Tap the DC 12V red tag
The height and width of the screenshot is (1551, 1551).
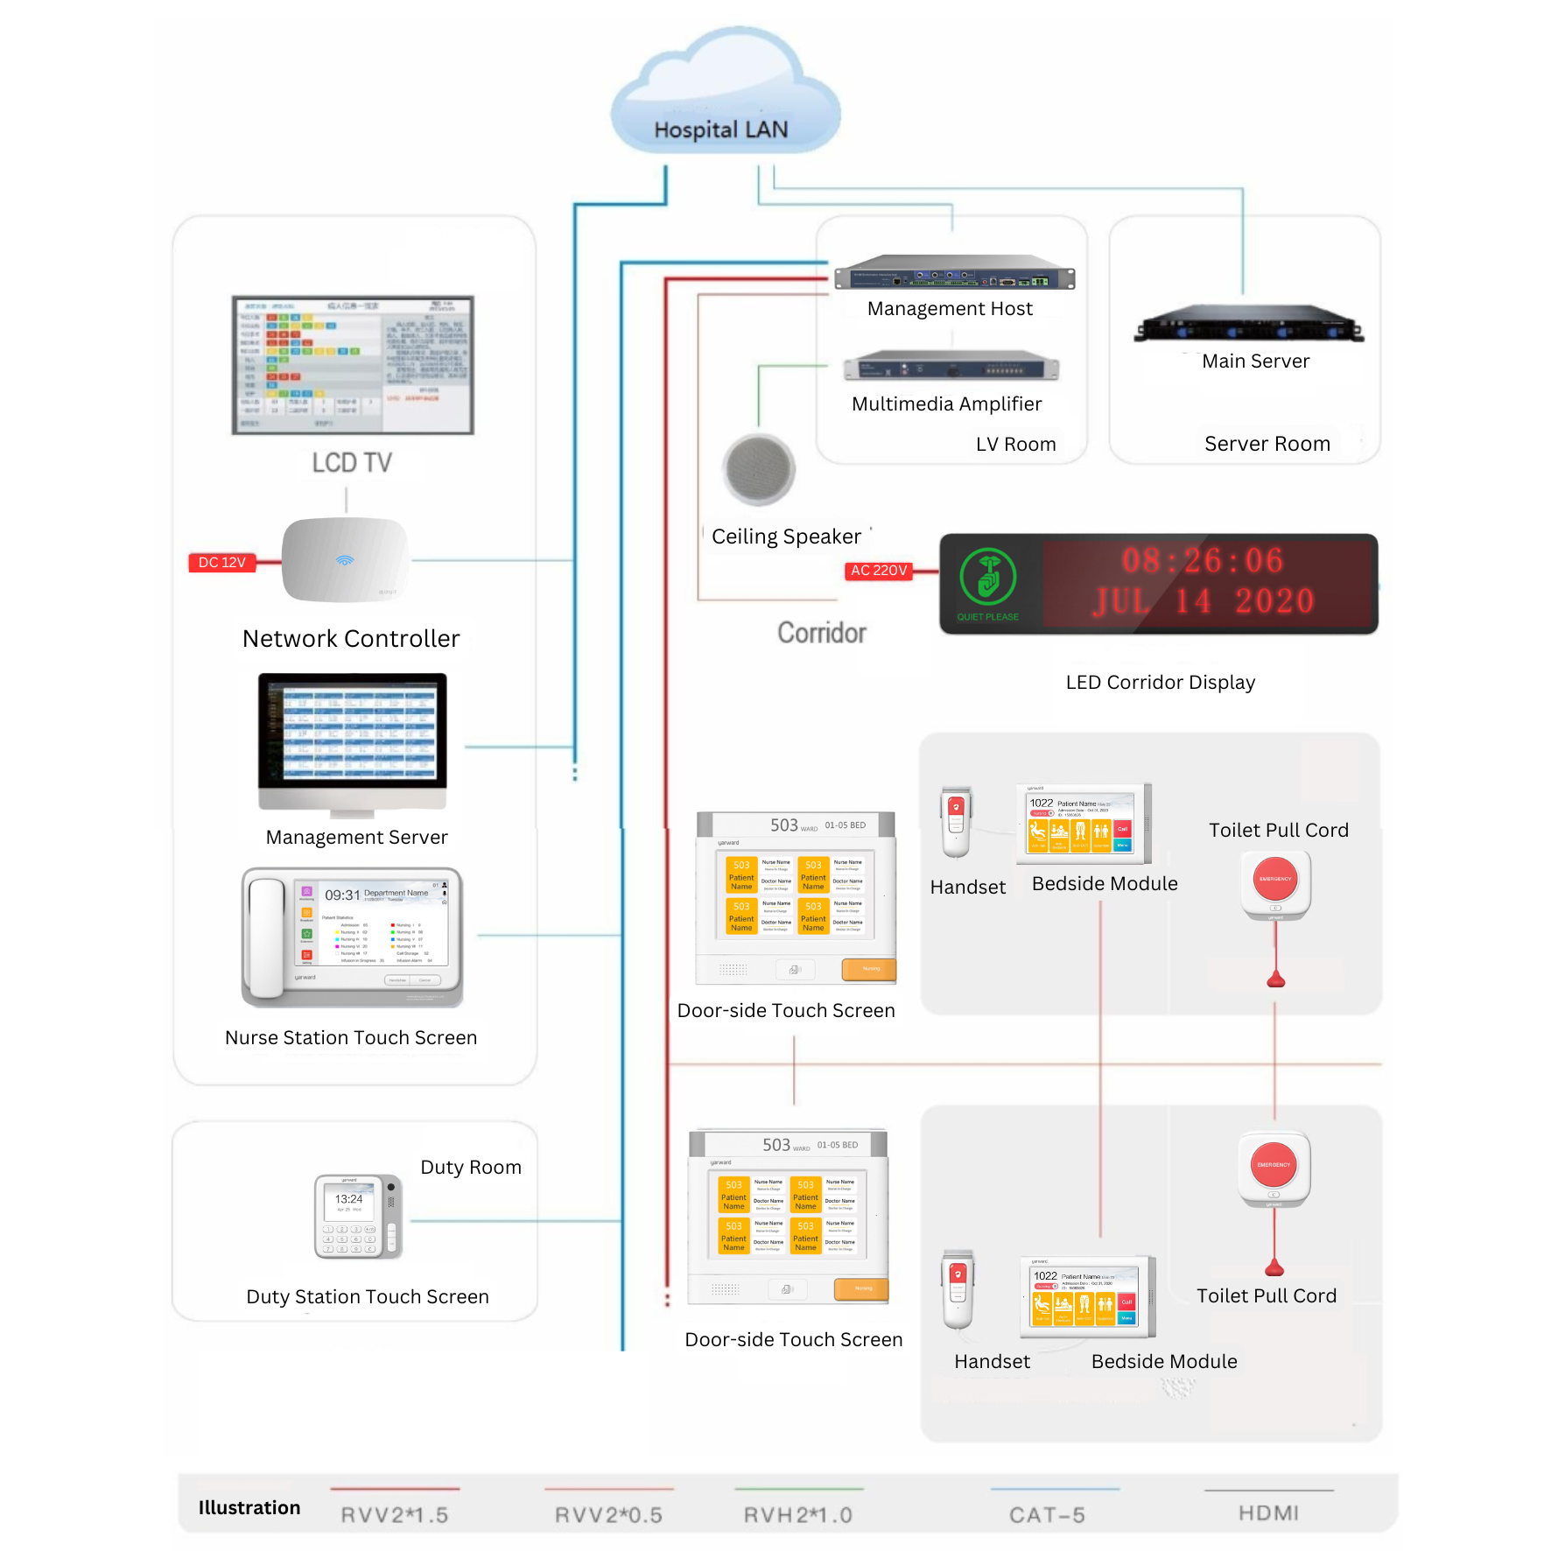(222, 563)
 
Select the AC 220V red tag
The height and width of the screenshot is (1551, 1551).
(878, 571)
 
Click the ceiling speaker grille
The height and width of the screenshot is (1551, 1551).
(759, 468)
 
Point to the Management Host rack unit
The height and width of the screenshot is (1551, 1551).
(954, 273)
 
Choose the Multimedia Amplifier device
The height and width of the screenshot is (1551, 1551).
(951, 366)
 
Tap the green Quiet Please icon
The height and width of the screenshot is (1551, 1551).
(987, 578)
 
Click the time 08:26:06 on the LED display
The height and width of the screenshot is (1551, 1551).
(1203, 560)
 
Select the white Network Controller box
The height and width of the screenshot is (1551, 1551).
(346, 560)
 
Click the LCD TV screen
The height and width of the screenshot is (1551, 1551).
(353, 364)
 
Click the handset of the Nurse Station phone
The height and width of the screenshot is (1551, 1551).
(267, 937)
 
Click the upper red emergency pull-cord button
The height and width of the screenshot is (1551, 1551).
(1275, 880)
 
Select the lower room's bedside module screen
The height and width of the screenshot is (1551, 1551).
(1084, 1296)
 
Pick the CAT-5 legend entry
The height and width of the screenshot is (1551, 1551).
(1047, 1514)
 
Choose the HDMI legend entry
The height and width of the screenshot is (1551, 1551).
(1268, 1512)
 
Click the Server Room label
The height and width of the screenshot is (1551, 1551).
(1267, 444)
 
